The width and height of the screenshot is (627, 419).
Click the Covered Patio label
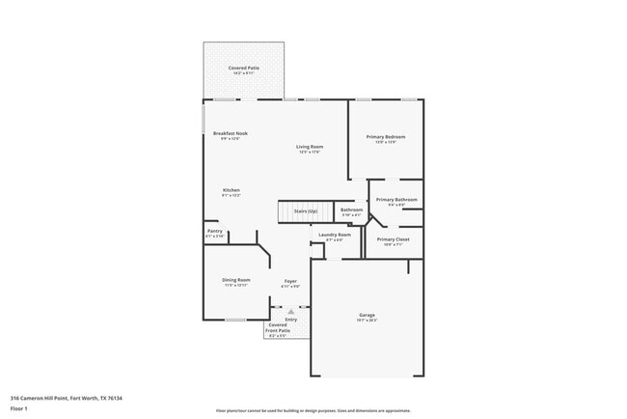coord(243,68)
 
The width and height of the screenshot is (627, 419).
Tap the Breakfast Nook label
coord(230,133)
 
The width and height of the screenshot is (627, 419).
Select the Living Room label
coord(310,147)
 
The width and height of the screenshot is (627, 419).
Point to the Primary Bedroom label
coord(385,137)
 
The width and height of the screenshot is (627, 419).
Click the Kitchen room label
coord(232,190)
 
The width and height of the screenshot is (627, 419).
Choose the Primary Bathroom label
coord(396,200)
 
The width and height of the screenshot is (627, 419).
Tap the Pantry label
coord(214,231)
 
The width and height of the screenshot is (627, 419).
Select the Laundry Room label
coord(330,235)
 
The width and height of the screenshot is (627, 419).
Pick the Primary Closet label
coord(393,239)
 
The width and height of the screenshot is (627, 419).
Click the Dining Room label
coord(236,280)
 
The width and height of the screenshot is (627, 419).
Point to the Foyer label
coord(289,281)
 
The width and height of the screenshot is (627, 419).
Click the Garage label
coord(367,315)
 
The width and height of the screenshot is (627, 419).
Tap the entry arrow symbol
coord(290,311)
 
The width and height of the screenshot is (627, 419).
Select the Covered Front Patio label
coord(277,328)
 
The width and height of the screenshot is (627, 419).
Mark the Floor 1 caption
coord(19,408)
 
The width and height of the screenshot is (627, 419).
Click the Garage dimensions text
coord(367,320)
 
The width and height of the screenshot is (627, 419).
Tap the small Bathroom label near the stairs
coord(351,209)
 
